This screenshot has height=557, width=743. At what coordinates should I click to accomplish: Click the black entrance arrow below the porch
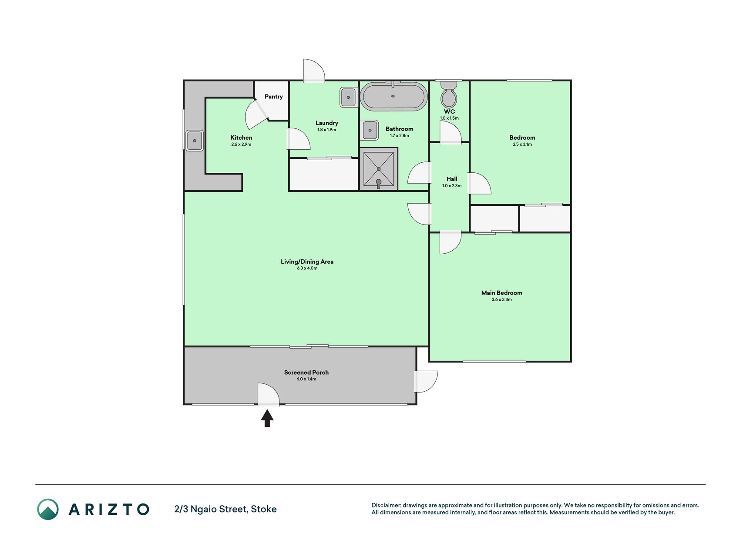[x=267, y=419]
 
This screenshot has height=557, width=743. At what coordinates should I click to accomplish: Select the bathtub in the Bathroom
[x=393, y=96]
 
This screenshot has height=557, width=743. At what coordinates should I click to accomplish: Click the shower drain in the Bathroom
[x=379, y=169]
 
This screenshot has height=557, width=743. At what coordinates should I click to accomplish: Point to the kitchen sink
[x=195, y=141]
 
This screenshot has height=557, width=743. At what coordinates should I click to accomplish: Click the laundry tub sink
[x=349, y=97]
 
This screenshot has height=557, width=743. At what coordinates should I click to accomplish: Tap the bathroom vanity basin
[x=370, y=130]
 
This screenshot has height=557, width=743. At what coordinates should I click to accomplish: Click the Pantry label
[x=274, y=97]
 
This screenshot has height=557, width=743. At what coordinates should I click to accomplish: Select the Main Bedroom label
[x=502, y=293]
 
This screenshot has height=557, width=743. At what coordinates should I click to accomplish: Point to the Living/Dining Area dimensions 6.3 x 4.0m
[x=307, y=268]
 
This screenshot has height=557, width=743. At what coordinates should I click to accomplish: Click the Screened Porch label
[x=306, y=372]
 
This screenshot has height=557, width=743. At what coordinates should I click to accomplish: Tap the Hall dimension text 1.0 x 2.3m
[x=452, y=186]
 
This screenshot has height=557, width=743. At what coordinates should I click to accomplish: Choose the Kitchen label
[x=241, y=138]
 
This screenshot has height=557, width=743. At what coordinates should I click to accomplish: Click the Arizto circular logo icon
[x=48, y=509]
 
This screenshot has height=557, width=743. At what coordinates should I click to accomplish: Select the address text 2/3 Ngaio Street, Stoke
[x=225, y=509]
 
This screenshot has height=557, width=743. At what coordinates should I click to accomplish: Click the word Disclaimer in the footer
[x=386, y=506]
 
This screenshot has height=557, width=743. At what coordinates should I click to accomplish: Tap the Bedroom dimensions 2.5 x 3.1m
[x=522, y=144]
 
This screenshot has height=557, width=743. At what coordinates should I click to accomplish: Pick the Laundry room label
[x=327, y=123]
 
